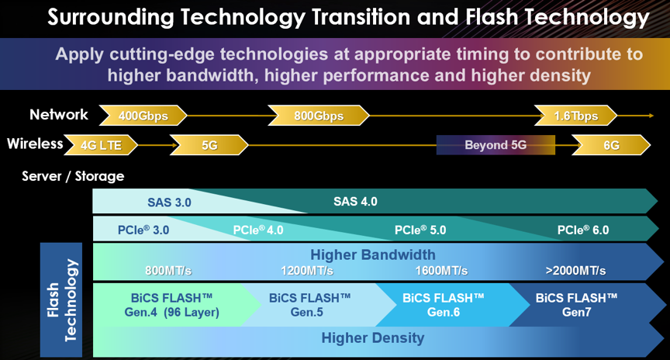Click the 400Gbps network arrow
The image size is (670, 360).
[x=143, y=116]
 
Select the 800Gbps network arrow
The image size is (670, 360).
[x=319, y=116]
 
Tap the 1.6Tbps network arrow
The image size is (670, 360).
[x=576, y=116]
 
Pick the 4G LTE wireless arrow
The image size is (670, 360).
[x=101, y=145]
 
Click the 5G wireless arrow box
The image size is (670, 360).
[x=209, y=145]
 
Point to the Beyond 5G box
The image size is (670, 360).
[x=496, y=145]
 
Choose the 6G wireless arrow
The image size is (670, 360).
[x=611, y=145]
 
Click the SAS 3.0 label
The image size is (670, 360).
[x=169, y=202]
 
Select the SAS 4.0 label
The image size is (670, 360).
[x=355, y=202]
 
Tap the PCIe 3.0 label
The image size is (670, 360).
[x=143, y=230]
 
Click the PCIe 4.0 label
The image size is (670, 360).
[x=258, y=230]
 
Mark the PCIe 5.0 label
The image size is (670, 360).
[x=420, y=230]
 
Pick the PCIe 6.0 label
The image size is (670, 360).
[x=583, y=230]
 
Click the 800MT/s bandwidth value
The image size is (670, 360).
[x=168, y=271]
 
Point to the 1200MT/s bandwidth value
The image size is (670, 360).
[x=307, y=271]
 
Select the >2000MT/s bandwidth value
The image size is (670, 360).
[x=575, y=271]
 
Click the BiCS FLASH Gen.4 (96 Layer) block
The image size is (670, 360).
[x=172, y=305]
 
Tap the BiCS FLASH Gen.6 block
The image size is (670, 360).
[x=444, y=305]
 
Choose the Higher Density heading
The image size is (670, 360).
[x=373, y=337]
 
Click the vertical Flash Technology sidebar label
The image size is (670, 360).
[x=61, y=299]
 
